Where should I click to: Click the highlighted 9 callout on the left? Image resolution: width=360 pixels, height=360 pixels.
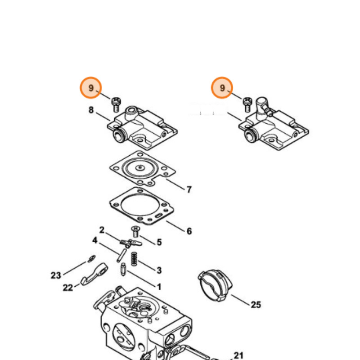[91, 88]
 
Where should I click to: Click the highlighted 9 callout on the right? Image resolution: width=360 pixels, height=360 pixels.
[222, 88]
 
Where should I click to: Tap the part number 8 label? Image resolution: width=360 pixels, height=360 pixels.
[91, 110]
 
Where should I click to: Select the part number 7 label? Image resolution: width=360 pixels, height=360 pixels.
[189, 189]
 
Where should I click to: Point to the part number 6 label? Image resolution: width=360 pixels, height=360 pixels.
[189, 231]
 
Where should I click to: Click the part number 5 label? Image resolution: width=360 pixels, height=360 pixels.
[159, 243]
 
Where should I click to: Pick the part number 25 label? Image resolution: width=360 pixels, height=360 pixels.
[256, 305]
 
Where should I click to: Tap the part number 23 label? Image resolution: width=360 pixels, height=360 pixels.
[55, 275]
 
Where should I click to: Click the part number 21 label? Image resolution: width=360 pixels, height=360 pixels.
[239, 355]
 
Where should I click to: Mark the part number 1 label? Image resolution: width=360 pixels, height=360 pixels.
[159, 286]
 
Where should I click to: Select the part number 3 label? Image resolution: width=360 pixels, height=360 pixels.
[159, 270]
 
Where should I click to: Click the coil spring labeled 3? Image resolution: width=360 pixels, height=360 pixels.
[133, 259]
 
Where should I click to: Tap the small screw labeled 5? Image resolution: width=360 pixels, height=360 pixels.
[135, 231]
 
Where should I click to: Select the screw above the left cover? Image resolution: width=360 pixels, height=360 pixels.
[116, 104]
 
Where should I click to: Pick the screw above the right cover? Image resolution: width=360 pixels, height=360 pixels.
[247, 104]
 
